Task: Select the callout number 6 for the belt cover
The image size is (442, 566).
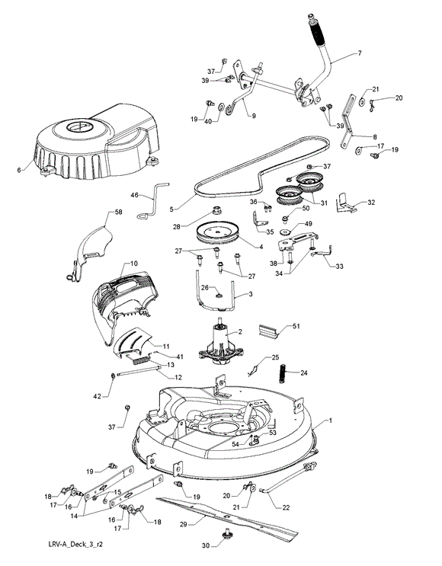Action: (19, 170)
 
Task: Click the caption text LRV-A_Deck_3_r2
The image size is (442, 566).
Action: (75, 544)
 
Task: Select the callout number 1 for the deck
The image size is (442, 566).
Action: (330, 421)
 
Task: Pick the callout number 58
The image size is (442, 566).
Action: (118, 212)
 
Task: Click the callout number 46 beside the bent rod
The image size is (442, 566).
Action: (134, 195)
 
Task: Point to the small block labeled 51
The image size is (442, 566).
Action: (268, 331)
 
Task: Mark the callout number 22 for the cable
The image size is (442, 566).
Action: (286, 507)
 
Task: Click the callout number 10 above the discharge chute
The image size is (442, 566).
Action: (133, 264)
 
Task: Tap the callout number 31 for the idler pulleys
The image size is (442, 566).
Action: (324, 203)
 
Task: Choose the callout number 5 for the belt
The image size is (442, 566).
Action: (172, 209)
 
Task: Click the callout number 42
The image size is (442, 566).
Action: (98, 396)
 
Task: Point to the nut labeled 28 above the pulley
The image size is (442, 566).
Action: (216, 209)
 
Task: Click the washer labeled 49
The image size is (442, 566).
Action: (286, 232)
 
